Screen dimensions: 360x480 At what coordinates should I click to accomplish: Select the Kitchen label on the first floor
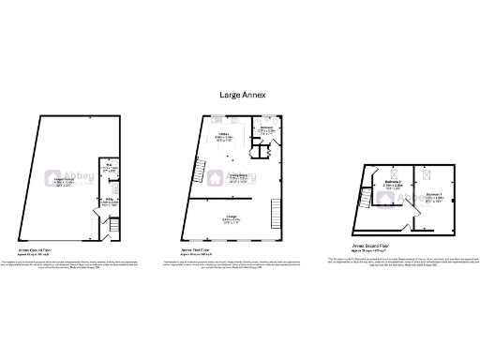pos(224,138)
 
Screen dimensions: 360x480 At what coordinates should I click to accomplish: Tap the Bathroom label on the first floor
pos(266,130)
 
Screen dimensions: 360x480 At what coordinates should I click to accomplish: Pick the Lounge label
pos(230,220)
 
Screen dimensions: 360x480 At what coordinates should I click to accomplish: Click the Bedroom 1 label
pos(433,199)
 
